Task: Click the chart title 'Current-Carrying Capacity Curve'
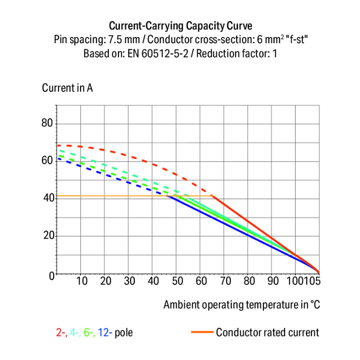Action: click(x=180, y=25)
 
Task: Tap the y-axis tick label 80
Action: click(x=46, y=123)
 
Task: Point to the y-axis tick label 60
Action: click(x=46, y=161)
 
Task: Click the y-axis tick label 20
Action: click(x=46, y=236)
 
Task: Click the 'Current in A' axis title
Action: click(x=67, y=88)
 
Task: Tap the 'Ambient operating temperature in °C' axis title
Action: click(x=241, y=305)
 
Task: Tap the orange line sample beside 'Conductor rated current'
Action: click(x=201, y=332)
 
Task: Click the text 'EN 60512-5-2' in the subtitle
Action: click(x=153, y=53)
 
